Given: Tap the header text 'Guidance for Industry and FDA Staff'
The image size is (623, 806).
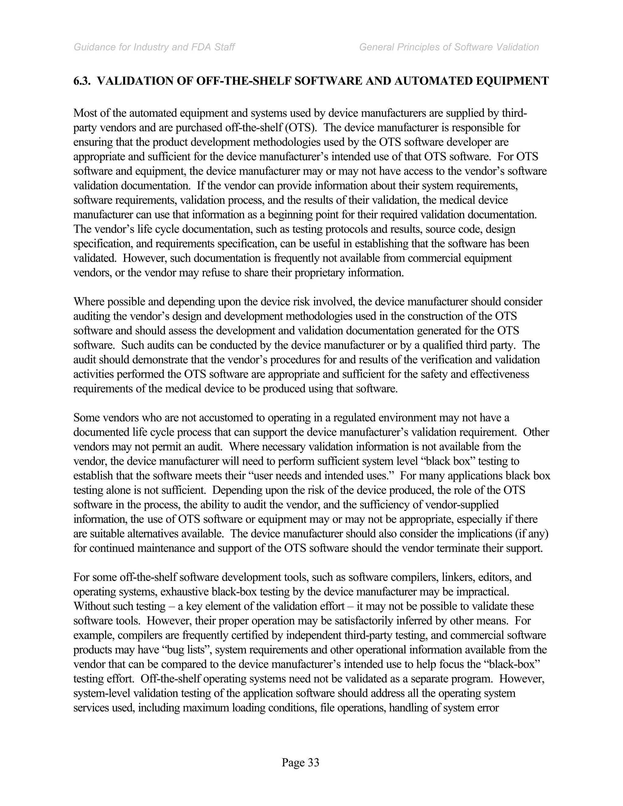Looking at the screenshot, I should point(154,47).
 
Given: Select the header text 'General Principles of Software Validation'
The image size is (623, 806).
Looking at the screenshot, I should point(449,47).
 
